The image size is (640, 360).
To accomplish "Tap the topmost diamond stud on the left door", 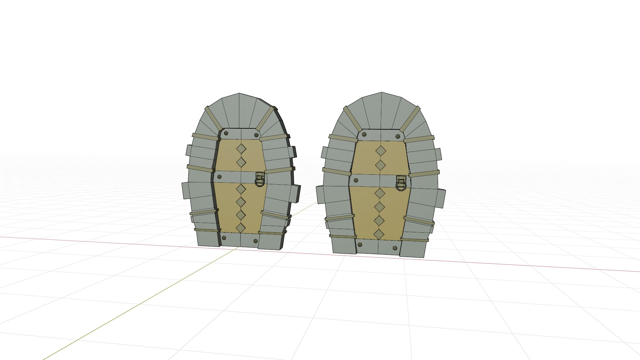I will point(241,149).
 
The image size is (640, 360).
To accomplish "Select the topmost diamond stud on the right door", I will point(381,151).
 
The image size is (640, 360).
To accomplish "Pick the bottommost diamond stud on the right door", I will point(379,234).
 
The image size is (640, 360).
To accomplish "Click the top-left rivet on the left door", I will point(226,133).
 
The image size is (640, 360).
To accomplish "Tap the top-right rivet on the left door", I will point(256,135).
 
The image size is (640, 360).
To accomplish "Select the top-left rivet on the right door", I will point(364,135).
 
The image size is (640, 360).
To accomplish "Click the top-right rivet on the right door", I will point(398,136).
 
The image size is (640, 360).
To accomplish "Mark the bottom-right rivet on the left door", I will point(256,241).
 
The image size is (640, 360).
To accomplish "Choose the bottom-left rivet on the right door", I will point(360,245).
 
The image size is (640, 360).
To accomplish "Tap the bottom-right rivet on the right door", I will point(395,248).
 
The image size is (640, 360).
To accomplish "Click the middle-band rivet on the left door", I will point(219,176).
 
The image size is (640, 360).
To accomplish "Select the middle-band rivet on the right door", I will point(356,180).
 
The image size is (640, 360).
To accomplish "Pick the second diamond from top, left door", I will point(241,162).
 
